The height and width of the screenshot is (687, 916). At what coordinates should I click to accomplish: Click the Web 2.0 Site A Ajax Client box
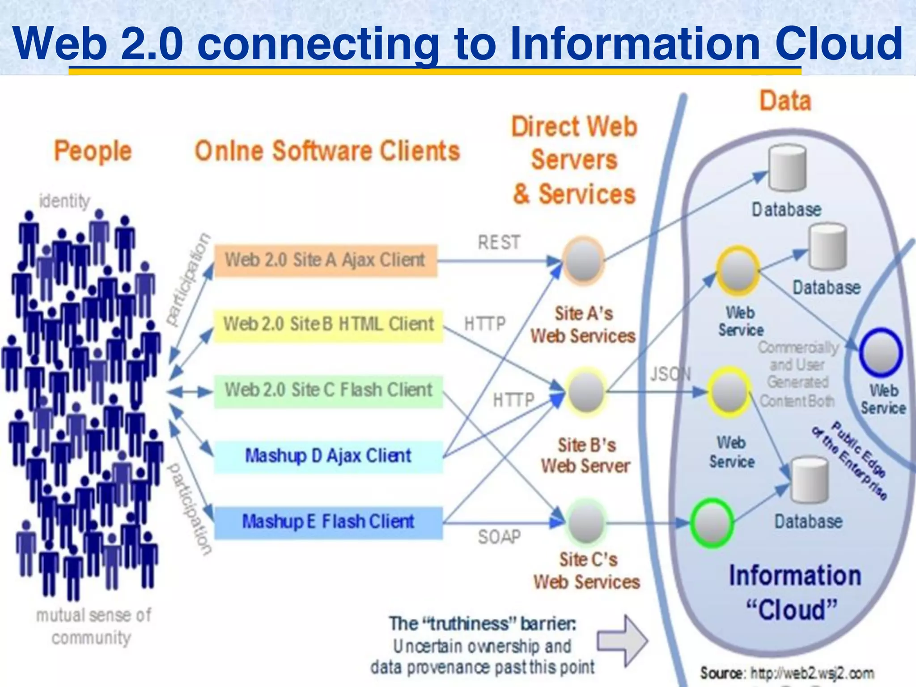[x=326, y=261]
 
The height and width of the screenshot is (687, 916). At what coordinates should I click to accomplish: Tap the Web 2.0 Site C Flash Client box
[x=328, y=390]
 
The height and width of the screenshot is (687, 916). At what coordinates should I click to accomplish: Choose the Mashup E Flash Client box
[x=328, y=522]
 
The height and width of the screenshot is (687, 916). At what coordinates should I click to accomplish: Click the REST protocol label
[x=499, y=243]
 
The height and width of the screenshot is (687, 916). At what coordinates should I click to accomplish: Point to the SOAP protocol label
[x=499, y=537]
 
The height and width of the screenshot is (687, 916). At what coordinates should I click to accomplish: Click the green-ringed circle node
[x=711, y=522]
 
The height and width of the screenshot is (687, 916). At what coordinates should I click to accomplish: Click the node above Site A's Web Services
[x=583, y=261]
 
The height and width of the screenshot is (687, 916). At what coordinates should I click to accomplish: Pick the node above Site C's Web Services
[x=586, y=522]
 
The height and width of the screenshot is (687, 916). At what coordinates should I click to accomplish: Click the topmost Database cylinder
[x=788, y=169]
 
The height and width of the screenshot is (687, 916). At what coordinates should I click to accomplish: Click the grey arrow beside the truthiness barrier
[x=622, y=640]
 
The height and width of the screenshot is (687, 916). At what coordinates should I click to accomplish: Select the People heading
[x=93, y=151]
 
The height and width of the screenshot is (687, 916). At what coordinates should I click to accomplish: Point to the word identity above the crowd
[x=65, y=201]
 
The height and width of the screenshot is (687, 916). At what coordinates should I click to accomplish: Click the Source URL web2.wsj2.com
[x=812, y=673]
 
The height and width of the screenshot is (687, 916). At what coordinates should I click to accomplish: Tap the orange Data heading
[x=785, y=101]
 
